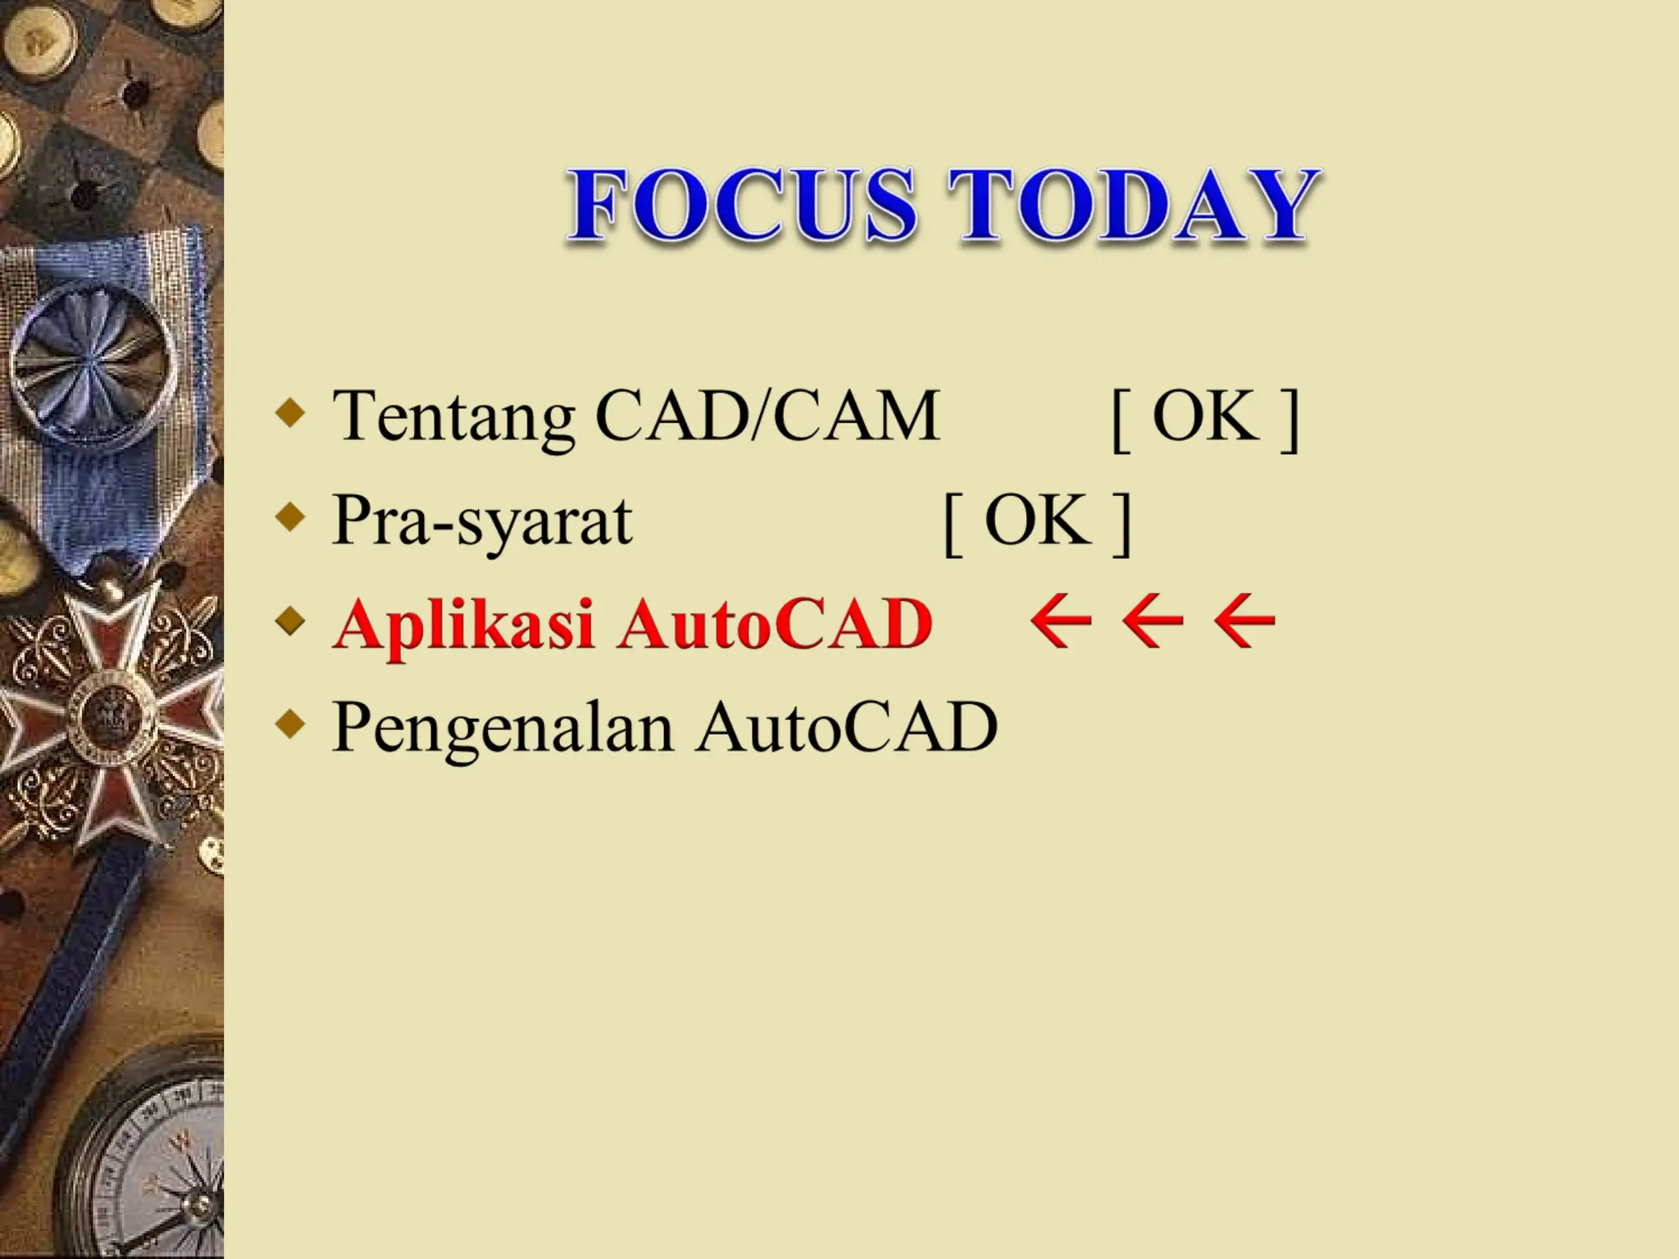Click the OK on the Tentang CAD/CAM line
coord(1206,416)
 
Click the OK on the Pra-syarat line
coord(1038,520)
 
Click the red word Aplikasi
coord(464,625)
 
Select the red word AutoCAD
coord(776,625)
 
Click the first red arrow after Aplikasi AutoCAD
coord(1061,623)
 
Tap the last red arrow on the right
coord(1244,623)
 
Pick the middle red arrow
coord(1153,623)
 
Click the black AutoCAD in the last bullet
coord(847,727)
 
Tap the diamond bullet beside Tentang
coord(290,412)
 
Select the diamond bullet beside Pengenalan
coord(290,724)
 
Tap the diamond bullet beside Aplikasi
coord(290,620)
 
